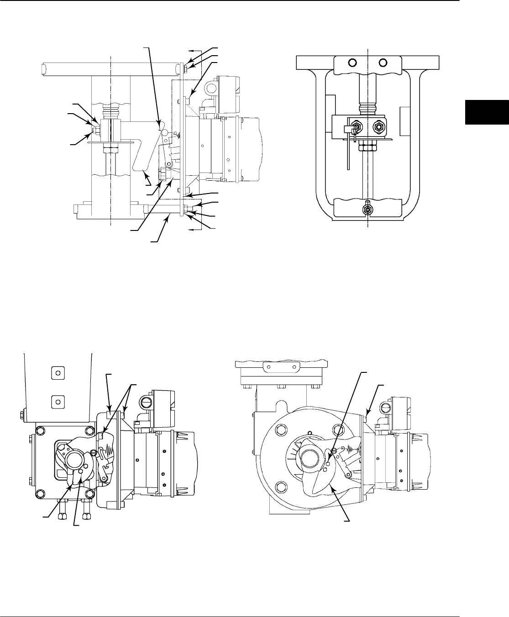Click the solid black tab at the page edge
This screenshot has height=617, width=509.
point(487,111)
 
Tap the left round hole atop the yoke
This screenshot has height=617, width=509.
point(352,63)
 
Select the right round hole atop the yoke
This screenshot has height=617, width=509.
point(383,63)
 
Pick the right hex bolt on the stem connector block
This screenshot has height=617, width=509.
point(378,125)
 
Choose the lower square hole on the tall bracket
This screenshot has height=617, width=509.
point(57,402)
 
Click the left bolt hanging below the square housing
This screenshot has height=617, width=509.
point(60,516)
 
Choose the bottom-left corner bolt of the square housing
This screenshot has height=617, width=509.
point(40,492)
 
